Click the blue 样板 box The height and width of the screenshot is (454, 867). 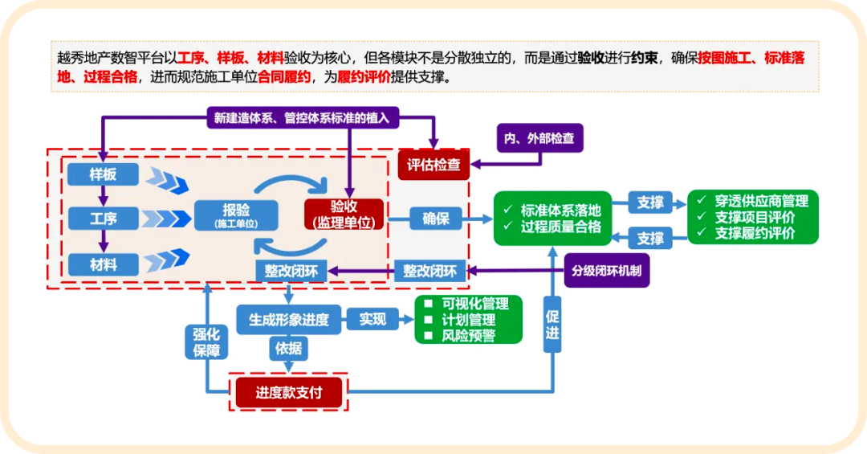(x=103, y=174)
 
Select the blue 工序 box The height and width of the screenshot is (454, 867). (x=103, y=218)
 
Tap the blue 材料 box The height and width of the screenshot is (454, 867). (x=103, y=263)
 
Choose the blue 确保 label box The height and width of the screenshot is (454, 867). (x=436, y=218)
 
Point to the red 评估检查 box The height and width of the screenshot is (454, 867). (x=433, y=165)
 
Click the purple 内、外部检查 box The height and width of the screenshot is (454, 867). (x=539, y=138)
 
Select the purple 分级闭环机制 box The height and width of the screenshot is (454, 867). (x=607, y=270)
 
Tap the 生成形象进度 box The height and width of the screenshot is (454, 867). (x=288, y=319)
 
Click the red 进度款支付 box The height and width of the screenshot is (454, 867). (x=288, y=392)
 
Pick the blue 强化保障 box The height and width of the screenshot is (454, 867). (x=206, y=342)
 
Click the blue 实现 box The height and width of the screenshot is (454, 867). (x=372, y=319)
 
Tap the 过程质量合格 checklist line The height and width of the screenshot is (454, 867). (x=560, y=227)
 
